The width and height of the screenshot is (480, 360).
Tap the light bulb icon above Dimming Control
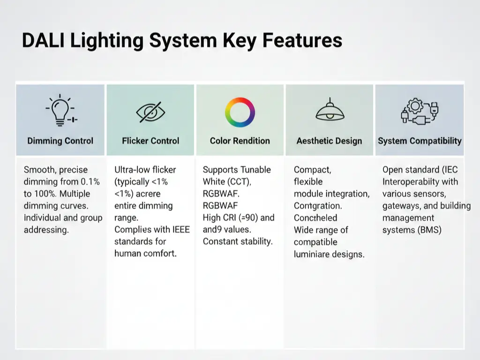61,111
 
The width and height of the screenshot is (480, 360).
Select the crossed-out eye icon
150,112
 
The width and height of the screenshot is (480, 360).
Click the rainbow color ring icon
240,112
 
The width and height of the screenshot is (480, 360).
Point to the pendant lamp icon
330,111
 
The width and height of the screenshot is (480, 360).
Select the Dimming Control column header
60,141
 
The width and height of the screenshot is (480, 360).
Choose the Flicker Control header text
150,141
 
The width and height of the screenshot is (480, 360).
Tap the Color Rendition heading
240,141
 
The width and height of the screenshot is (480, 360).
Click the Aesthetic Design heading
329,141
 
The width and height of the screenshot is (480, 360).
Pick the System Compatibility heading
420,141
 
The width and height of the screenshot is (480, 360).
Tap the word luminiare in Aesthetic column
314,255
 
